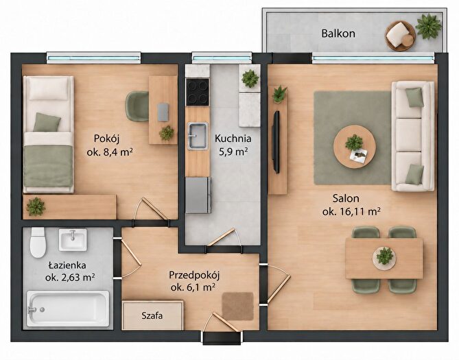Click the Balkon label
(338, 34)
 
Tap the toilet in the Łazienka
(38, 242)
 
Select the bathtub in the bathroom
(68, 308)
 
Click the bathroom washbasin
(73, 240)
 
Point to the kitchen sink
(198, 136)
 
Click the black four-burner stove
(198, 92)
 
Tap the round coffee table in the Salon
(355, 146)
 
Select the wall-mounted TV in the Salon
(276, 142)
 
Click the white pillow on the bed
(49, 88)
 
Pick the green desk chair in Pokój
(137, 106)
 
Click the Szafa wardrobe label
(152, 316)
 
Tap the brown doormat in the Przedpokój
(237, 307)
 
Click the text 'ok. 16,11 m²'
(351, 211)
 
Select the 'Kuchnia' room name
(233, 138)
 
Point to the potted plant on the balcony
(429, 26)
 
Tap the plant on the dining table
(385, 256)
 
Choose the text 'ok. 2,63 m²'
(70, 277)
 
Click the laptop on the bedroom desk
(163, 112)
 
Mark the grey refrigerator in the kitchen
(198, 195)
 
